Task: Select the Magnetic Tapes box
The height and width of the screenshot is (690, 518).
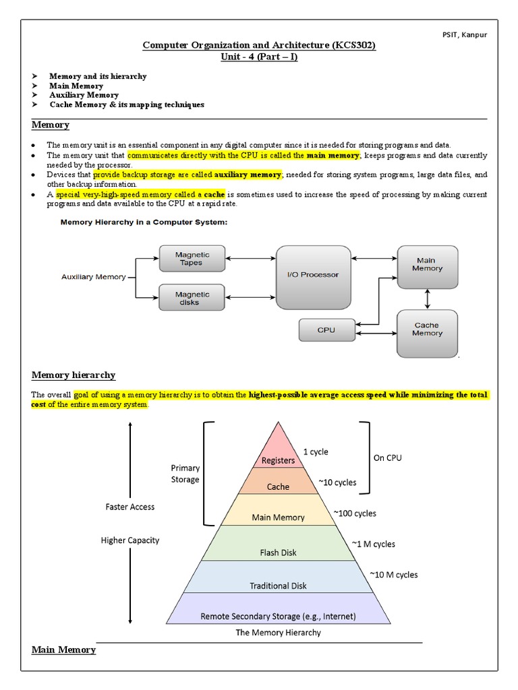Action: coord(192,259)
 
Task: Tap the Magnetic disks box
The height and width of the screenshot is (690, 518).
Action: coord(192,299)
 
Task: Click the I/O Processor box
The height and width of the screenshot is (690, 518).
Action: coord(313,275)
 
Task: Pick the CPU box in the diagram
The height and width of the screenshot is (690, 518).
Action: coord(326,330)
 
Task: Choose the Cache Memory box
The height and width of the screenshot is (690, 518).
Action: coord(427,330)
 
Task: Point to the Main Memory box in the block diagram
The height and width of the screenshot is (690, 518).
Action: coord(427,264)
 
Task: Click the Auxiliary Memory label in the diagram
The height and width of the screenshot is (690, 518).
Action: coord(93,277)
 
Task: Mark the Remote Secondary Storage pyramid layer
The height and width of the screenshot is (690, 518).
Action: coord(278,615)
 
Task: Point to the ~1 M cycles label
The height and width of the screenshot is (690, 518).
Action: coord(373,544)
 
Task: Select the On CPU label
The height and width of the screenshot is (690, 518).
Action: coord(387,458)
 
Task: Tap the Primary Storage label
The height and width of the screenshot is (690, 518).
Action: coord(185,474)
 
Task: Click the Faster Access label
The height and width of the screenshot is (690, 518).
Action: coord(129,507)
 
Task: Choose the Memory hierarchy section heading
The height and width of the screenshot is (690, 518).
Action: coord(74,375)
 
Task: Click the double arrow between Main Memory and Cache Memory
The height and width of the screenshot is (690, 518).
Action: coord(427,297)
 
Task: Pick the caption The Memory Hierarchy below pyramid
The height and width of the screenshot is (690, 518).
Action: coord(278,633)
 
